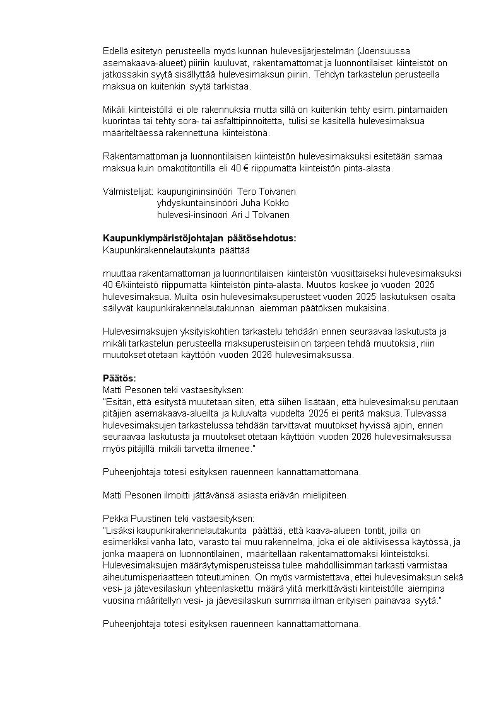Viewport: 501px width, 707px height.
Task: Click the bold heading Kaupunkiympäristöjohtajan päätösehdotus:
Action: [199, 238]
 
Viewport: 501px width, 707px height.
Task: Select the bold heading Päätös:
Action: [119, 379]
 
